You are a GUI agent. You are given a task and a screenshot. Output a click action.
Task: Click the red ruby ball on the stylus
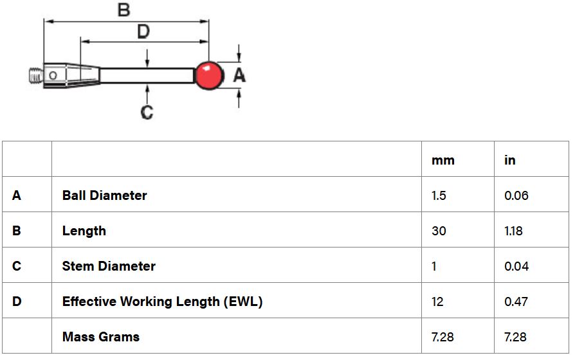click(x=208, y=75)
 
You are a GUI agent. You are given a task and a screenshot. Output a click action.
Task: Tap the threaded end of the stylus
click(x=36, y=76)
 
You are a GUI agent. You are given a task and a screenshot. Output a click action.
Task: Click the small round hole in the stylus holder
click(x=53, y=75)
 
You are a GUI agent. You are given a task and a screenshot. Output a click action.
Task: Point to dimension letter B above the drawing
click(x=123, y=10)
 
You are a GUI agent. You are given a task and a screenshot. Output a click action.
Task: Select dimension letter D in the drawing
click(x=143, y=32)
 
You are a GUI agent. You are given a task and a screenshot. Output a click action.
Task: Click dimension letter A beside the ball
click(x=239, y=75)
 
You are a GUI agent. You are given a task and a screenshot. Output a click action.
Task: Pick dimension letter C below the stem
click(x=147, y=112)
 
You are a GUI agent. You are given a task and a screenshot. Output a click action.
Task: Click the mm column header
click(x=443, y=160)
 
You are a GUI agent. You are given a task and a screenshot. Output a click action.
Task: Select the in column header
click(x=510, y=160)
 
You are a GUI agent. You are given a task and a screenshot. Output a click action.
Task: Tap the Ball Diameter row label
click(x=104, y=195)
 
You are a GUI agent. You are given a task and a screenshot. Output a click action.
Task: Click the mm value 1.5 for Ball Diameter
click(x=439, y=195)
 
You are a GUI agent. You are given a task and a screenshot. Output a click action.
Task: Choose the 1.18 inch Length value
click(x=513, y=231)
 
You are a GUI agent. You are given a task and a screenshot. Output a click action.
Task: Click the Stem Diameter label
click(x=109, y=265)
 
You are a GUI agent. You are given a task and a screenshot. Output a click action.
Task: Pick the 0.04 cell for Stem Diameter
click(x=516, y=266)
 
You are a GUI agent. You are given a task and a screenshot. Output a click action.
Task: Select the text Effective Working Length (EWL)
click(x=163, y=301)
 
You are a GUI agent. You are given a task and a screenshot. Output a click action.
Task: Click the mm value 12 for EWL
click(x=437, y=301)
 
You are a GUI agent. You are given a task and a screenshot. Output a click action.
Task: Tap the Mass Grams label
click(x=101, y=337)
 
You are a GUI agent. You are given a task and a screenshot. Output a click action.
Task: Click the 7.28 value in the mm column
click(x=443, y=337)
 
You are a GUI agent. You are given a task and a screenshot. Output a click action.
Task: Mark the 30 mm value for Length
click(x=439, y=231)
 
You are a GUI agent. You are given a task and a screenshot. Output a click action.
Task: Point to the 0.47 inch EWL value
click(x=516, y=301)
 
